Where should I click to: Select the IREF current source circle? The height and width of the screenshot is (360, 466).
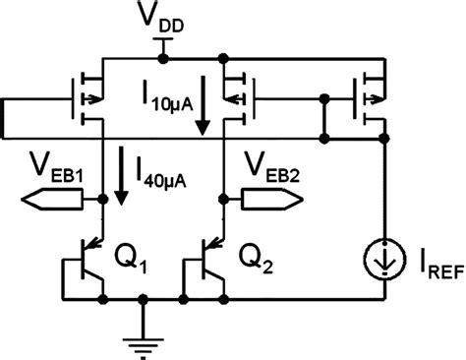click(x=382, y=260)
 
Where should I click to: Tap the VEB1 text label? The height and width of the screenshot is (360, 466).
click(x=58, y=164)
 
